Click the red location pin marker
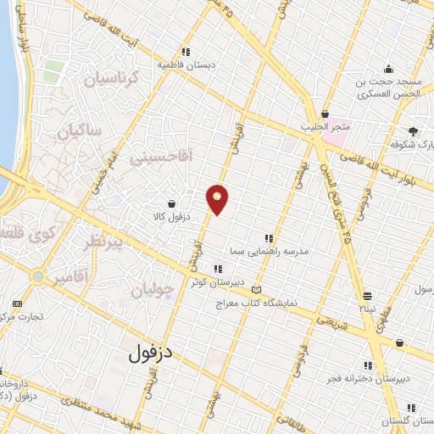pos(218,198)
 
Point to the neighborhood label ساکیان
pos(79,131)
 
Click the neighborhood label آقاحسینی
pos(162,156)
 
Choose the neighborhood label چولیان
pos(153,291)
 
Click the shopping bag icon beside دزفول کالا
pos(172,203)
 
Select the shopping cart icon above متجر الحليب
pos(325,114)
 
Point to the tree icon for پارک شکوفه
pos(413,131)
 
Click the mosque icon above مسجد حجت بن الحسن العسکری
pos(388,70)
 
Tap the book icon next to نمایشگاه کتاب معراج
pos(257,290)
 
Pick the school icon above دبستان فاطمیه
pos(186,50)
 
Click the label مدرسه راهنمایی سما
pos(268,253)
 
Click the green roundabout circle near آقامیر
pos(36,276)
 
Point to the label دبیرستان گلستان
pos(407,421)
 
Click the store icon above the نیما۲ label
pos(367,296)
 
